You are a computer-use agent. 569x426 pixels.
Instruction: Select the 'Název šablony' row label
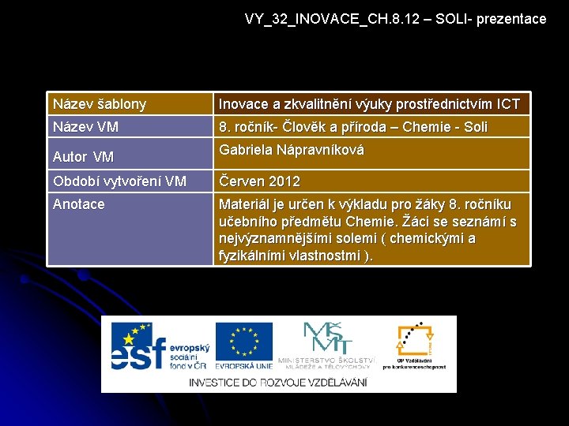[x=100, y=104]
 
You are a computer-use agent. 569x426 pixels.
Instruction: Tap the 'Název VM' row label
[x=86, y=127]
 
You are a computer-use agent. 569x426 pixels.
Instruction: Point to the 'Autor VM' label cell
[x=83, y=156]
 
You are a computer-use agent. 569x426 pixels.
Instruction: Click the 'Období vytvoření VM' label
[x=119, y=181]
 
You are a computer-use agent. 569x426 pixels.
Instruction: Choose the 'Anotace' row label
[x=78, y=204]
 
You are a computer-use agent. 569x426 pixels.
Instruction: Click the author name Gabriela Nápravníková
[x=292, y=150]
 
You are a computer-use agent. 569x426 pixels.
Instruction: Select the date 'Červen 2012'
[x=259, y=181]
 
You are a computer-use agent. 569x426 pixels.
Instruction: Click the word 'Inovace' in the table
[x=244, y=104]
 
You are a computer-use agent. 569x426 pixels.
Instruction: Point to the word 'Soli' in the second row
[x=476, y=127]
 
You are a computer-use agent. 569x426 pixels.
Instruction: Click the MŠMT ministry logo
[x=326, y=338]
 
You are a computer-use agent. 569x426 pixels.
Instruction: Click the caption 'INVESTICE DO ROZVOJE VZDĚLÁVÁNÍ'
[x=277, y=383]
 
